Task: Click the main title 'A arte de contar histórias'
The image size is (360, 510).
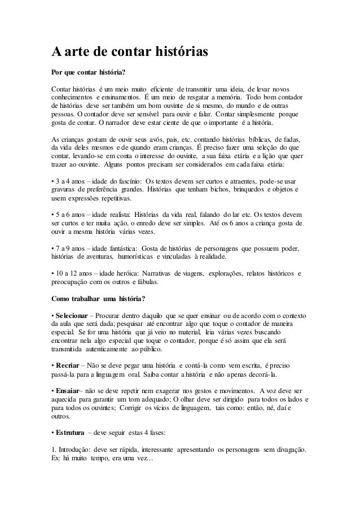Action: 130,54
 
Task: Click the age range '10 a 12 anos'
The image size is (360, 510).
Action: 74,274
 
